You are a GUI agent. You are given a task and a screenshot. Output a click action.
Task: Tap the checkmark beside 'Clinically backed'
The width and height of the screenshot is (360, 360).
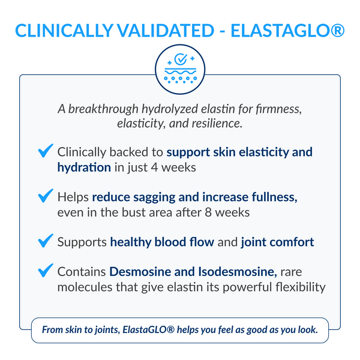click(45, 151)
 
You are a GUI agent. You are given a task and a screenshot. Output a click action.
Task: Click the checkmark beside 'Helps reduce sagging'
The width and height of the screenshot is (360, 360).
click(45, 197)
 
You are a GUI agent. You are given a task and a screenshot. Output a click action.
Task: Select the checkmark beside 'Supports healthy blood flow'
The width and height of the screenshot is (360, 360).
click(45, 242)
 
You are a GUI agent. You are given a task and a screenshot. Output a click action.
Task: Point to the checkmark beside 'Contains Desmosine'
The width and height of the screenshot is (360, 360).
click(45, 272)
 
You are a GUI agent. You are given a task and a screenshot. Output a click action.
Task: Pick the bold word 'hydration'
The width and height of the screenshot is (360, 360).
click(84, 167)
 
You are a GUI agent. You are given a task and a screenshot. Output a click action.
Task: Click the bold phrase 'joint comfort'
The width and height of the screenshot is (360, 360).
click(277, 242)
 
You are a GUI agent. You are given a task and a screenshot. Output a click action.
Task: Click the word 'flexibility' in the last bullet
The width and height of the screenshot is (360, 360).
click(296, 287)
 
